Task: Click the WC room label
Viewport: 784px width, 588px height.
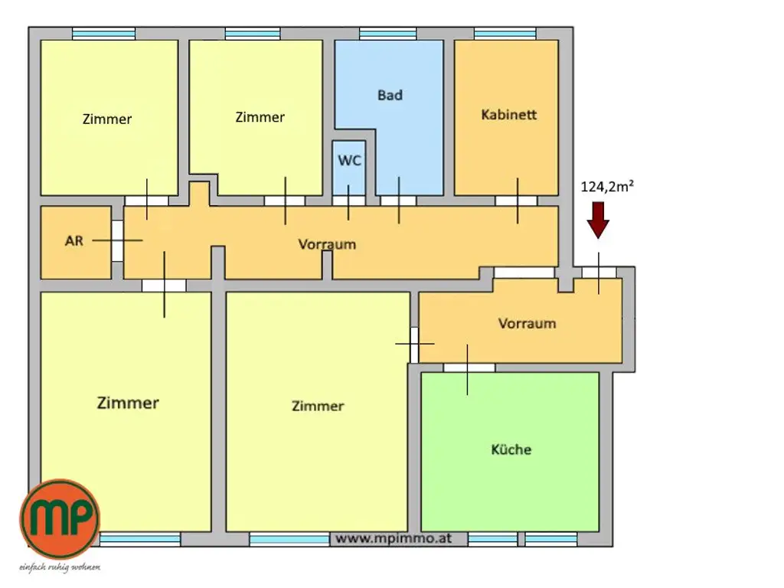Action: (x=349, y=161)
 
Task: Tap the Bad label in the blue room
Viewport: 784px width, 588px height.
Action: (x=390, y=95)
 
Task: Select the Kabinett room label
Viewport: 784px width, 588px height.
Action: (x=509, y=115)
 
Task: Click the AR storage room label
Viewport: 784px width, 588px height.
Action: (x=74, y=241)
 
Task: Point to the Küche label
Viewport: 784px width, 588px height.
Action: (x=511, y=449)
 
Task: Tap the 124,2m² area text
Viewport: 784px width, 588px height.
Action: (x=607, y=187)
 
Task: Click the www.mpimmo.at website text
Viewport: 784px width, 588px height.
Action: (x=394, y=538)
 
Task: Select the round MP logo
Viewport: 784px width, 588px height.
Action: (x=60, y=519)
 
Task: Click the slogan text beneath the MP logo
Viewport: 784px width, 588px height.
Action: (x=60, y=567)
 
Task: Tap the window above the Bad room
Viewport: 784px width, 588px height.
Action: (x=388, y=34)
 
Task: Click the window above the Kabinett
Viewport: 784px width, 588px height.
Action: (x=505, y=34)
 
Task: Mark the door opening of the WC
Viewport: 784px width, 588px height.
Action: (x=348, y=201)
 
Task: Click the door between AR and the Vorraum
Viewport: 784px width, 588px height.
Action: (x=117, y=241)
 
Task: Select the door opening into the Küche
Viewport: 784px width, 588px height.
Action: (x=469, y=368)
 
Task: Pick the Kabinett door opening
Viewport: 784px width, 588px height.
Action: (x=516, y=201)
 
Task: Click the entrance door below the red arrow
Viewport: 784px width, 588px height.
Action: (x=599, y=273)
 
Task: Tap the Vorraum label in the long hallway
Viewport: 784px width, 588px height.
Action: (x=327, y=244)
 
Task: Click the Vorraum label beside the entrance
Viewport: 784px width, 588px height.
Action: (x=527, y=324)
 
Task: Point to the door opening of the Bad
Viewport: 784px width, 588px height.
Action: (x=398, y=201)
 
